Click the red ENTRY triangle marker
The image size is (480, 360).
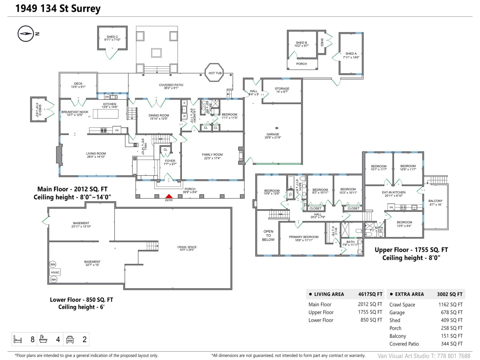[x=169, y=196]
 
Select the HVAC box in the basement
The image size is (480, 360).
[x=55, y=272]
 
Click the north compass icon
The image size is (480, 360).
[x=25, y=34]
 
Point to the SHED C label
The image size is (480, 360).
[x=112, y=38]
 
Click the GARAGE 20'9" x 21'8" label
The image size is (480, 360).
[x=273, y=136]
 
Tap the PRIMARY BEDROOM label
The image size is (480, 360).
[x=304, y=238]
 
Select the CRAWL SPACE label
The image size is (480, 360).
[x=187, y=248]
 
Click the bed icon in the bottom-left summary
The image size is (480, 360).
[x=18, y=339]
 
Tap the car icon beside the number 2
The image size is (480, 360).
[x=70, y=339]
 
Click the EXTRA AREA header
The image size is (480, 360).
[x=409, y=294]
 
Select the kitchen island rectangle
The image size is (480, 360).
[x=106, y=114]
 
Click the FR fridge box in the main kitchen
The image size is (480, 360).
[x=117, y=130]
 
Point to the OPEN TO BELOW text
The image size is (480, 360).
[x=268, y=235]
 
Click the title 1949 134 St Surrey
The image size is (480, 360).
[x=58, y=8]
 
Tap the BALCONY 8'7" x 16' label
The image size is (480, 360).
[x=435, y=203]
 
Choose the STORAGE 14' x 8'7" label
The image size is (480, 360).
[x=282, y=90]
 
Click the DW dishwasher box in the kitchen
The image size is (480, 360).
[x=107, y=97]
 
